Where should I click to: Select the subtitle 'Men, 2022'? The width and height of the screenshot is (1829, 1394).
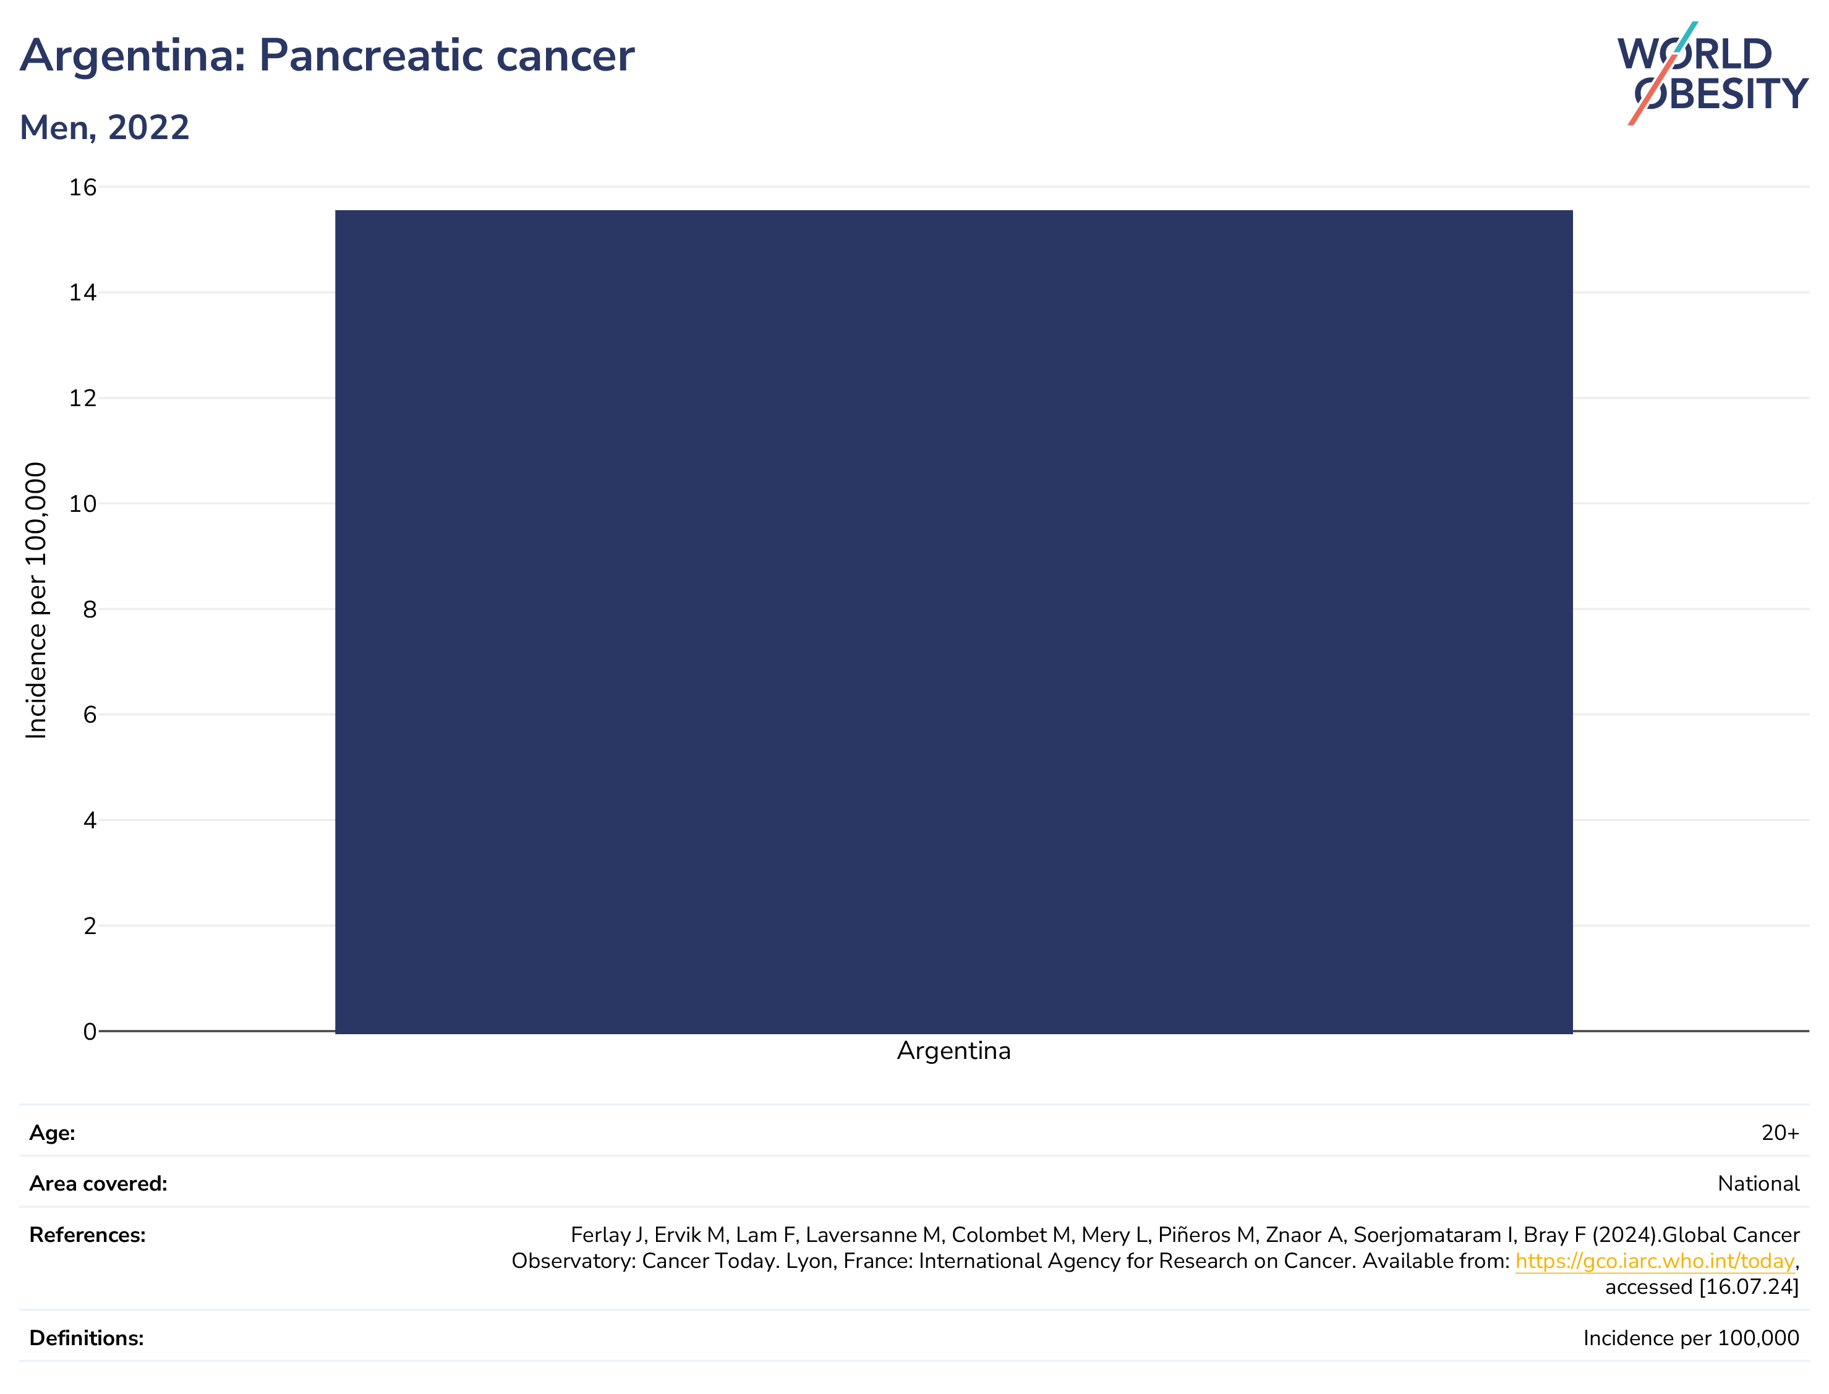point(104,128)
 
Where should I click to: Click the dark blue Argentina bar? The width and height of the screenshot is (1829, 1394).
point(953,621)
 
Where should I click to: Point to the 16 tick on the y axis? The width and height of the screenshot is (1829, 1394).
point(82,187)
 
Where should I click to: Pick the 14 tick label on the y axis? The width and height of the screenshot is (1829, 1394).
point(82,293)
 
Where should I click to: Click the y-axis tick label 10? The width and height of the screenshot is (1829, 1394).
point(82,504)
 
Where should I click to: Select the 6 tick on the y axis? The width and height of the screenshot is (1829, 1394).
point(90,715)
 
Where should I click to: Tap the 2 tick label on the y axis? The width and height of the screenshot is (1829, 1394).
point(90,926)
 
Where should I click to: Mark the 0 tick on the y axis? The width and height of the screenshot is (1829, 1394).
point(90,1031)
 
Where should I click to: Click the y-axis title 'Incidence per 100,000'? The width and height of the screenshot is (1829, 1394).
point(36,600)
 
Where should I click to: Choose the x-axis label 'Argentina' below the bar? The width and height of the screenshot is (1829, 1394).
point(953,1052)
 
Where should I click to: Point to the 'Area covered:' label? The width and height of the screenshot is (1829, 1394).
point(98,1184)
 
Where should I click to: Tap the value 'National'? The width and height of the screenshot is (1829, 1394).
point(1758,1184)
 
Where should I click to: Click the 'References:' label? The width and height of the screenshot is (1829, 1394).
point(87,1236)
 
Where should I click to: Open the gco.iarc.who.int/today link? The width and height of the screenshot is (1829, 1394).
point(1654,1261)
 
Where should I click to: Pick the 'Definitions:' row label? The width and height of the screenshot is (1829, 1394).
point(87,1338)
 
